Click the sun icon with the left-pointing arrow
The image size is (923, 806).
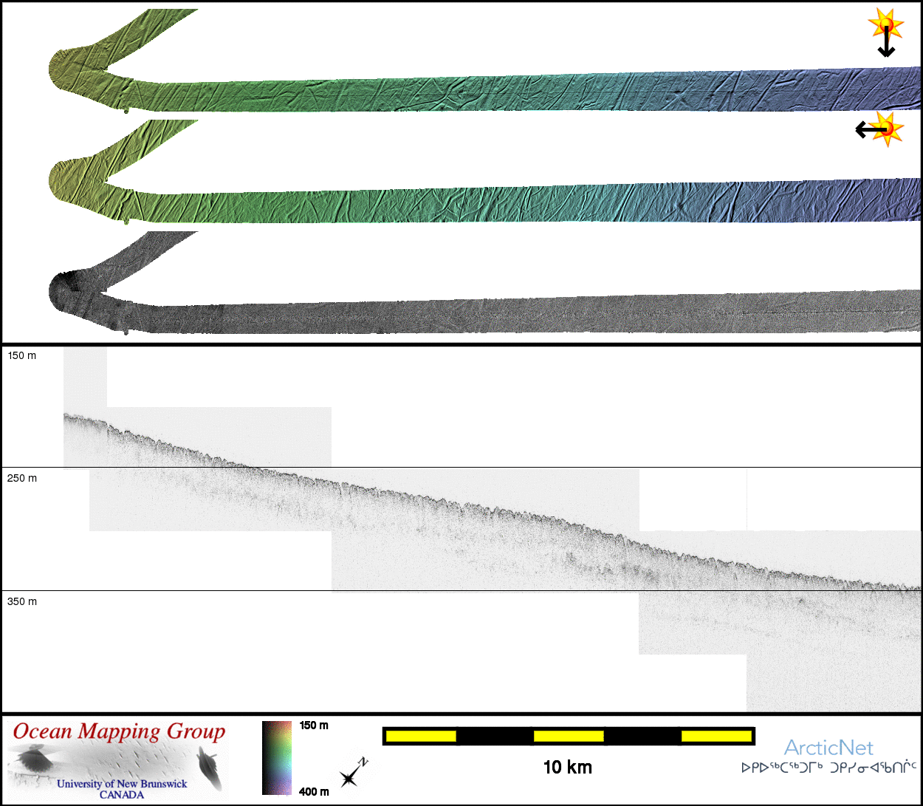[x=888, y=129]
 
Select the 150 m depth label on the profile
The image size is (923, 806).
[x=21, y=355]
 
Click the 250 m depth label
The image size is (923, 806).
[x=21, y=478]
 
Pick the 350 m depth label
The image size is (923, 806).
[x=21, y=601]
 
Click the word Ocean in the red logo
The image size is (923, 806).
[x=43, y=731]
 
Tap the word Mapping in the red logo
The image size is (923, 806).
[x=119, y=731]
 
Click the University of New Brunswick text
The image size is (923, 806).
[x=122, y=784]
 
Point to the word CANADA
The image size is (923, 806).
[x=122, y=795]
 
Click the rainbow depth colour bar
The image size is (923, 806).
[x=277, y=757]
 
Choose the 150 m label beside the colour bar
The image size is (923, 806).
[x=314, y=725]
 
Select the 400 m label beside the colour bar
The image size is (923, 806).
[x=314, y=792]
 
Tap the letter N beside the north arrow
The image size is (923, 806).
[x=363, y=762]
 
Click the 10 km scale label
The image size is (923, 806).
[x=567, y=767]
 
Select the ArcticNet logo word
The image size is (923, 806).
[x=828, y=748]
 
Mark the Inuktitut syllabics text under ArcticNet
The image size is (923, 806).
[x=828, y=768]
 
